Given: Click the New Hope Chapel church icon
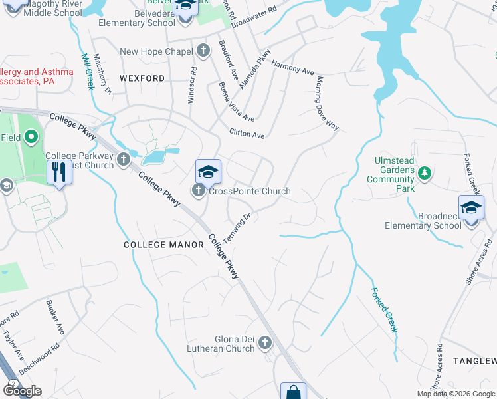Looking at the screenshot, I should click(x=203, y=51).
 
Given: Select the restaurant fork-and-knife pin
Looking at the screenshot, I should click(x=60, y=172).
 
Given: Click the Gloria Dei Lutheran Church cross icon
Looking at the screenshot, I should click(x=265, y=343).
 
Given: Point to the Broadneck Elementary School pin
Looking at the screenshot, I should click(x=471, y=208).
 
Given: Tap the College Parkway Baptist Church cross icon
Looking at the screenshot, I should click(x=123, y=158).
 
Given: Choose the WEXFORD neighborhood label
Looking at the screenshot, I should click(x=142, y=78).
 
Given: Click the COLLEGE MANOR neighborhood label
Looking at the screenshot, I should click(x=163, y=245).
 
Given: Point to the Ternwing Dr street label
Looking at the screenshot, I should click(x=237, y=228).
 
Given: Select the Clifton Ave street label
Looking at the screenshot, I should click(x=247, y=135).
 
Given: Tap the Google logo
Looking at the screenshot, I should click(x=22, y=390).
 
